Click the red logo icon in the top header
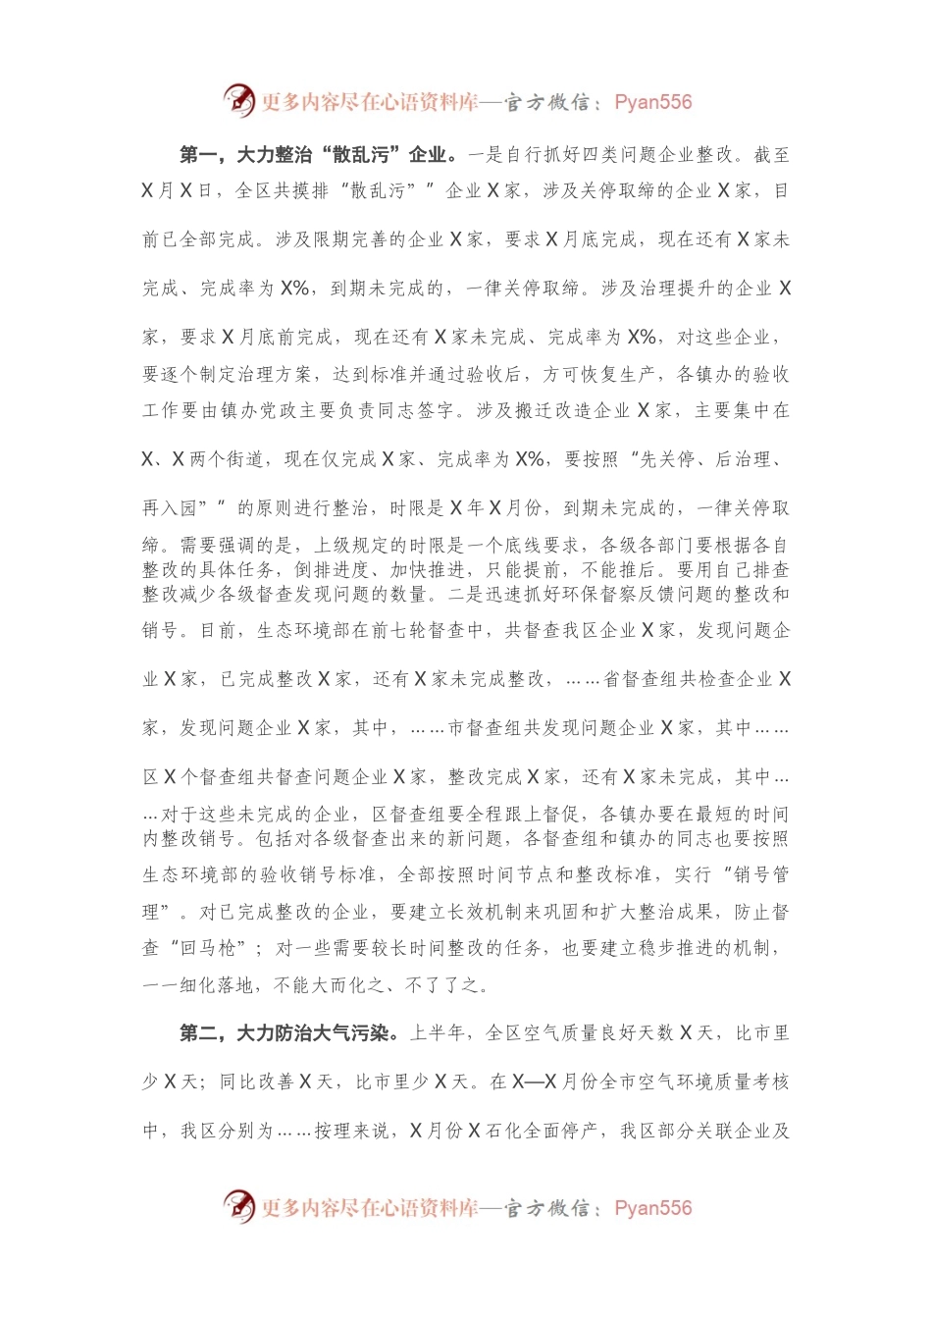[239, 101]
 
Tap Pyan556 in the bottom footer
[652, 1207]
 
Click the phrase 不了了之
[442, 984]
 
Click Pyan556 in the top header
[652, 102]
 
